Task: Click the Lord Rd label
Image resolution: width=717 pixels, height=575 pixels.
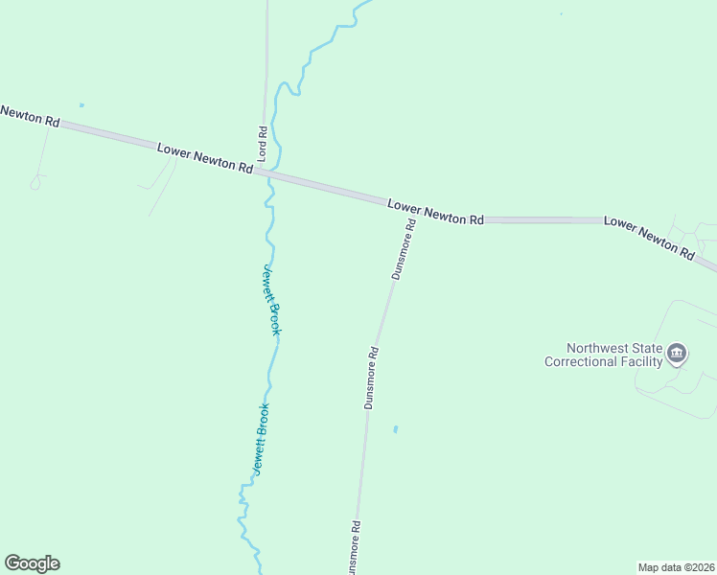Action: tap(261, 142)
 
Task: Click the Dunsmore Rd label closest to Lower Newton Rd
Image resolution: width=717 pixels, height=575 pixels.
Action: tap(404, 249)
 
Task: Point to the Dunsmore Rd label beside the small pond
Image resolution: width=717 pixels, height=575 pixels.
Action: tap(373, 378)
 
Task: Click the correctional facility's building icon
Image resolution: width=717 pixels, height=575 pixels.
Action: tap(678, 355)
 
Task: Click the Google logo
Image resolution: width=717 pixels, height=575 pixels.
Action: tap(32, 563)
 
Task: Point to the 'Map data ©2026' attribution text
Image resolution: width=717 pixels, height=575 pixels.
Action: tap(676, 566)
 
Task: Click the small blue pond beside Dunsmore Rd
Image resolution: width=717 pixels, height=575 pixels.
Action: tap(395, 428)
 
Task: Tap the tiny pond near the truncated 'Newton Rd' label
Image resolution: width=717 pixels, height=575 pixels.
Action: tap(81, 104)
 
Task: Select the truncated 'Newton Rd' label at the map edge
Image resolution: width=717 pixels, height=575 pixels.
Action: tap(29, 116)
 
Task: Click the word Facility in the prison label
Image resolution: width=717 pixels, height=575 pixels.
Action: tap(641, 361)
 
